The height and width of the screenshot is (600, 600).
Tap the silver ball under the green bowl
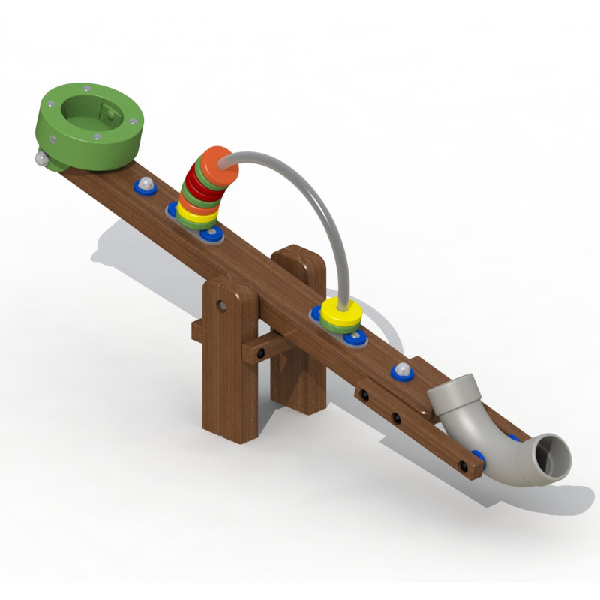pyautogui.click(x=40, y=157)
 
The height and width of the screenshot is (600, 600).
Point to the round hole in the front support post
pyautogui.click(x=222, y=305)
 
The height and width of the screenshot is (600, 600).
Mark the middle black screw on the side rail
pyautogui.click(x=397, y=417)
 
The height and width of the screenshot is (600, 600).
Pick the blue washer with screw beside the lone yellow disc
pyautogui.click(x=354, y=337)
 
